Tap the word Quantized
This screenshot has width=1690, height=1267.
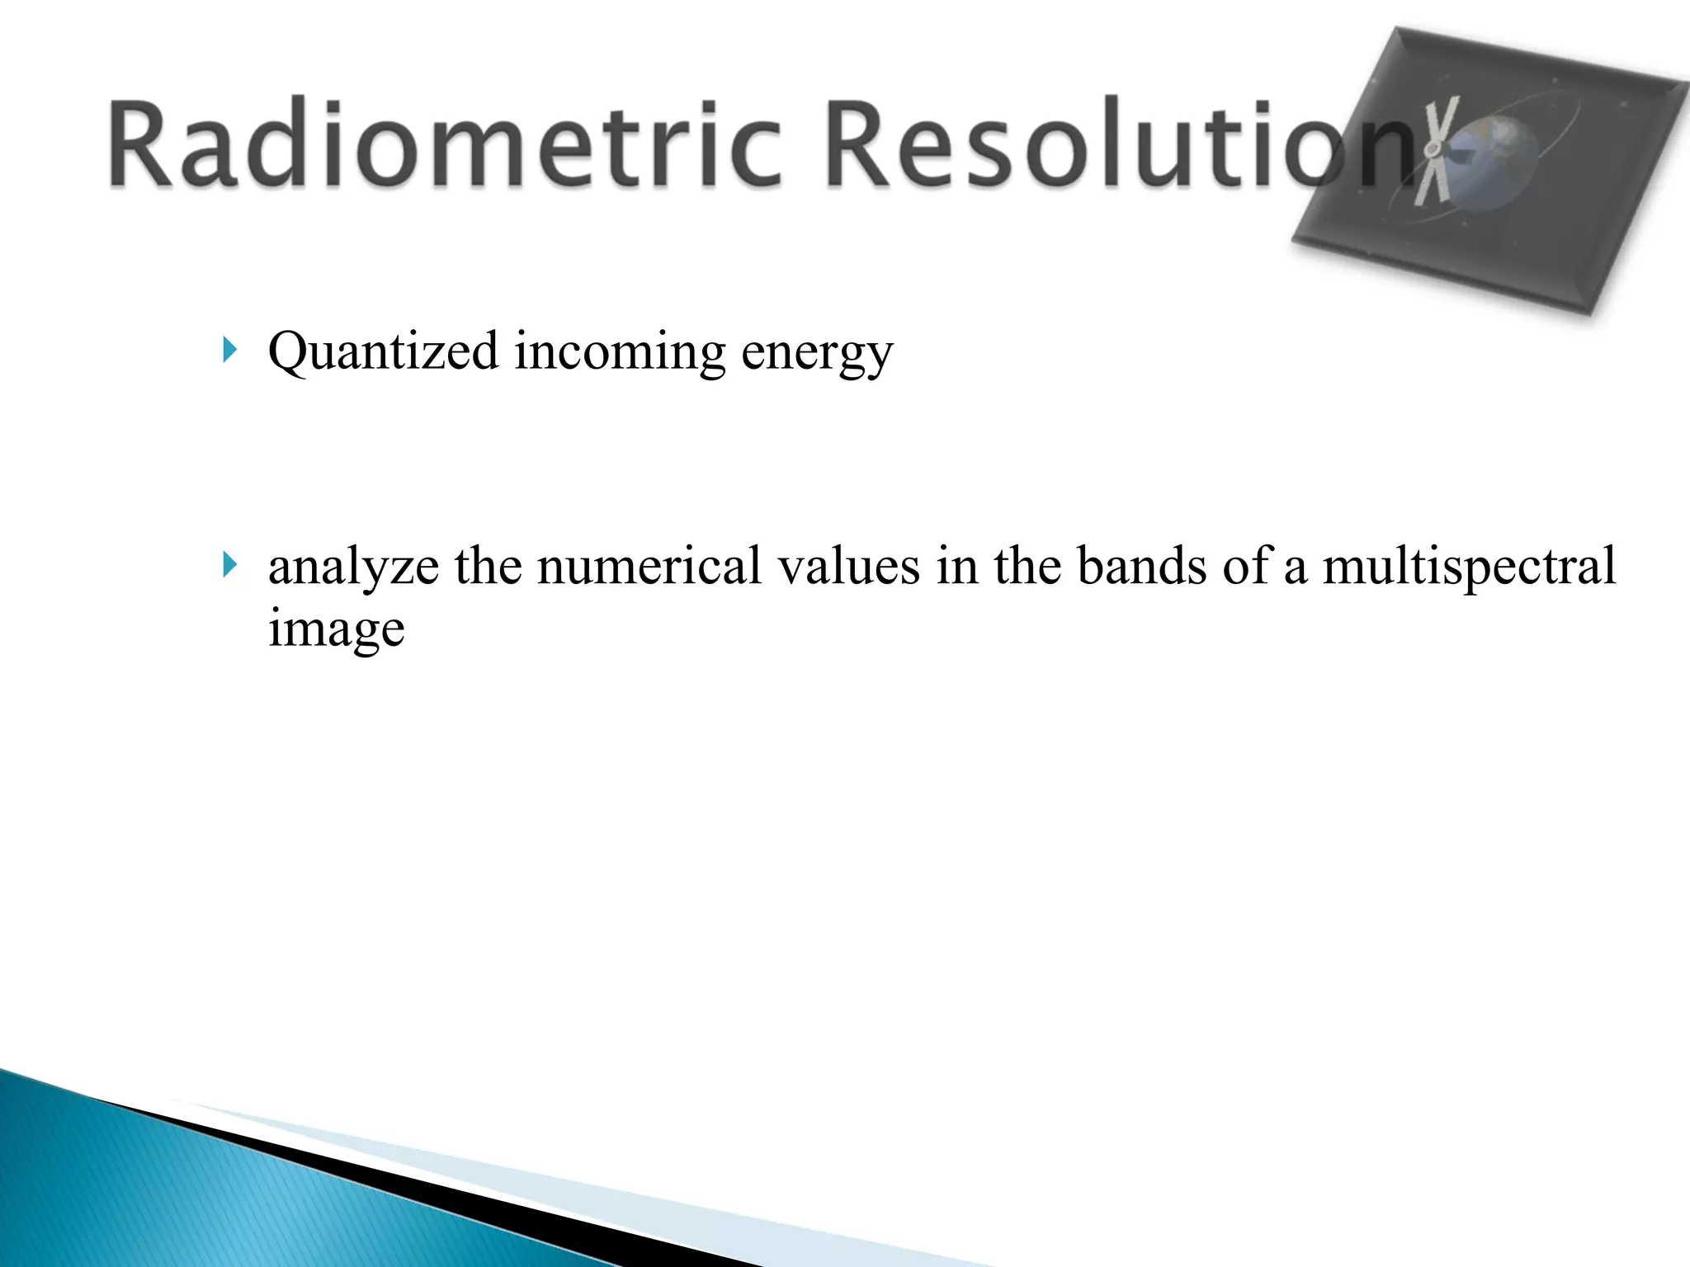tap(383, 353)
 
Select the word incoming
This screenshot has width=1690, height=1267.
tap(620, 353)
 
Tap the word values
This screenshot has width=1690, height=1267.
tap(849, 568)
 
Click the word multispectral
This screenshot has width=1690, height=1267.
tap(1469, 568)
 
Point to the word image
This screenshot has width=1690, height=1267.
tap(336, 630)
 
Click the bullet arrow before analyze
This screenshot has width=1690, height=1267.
tap(229, 566)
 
